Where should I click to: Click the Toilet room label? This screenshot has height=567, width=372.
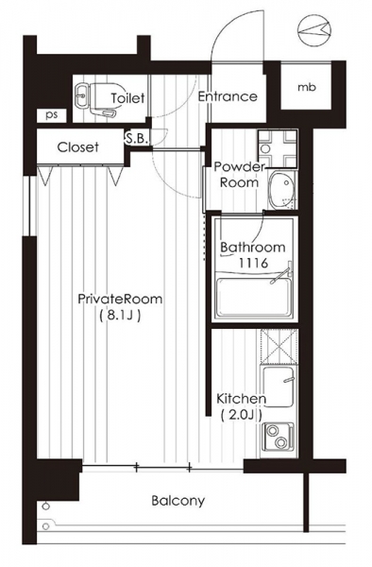127,98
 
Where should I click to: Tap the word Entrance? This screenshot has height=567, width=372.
228,96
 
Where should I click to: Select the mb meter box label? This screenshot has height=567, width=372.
307,87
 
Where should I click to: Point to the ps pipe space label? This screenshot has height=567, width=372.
52,115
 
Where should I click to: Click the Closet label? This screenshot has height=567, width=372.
78,147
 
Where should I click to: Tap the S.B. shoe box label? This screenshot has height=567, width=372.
137,139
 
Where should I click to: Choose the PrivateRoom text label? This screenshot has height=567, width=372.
120,299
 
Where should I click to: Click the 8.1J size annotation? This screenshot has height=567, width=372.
120,316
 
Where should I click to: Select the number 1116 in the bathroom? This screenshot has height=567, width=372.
253,263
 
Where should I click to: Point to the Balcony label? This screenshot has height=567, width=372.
178,501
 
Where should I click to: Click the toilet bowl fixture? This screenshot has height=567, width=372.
106,99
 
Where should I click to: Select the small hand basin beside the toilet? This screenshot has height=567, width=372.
83,96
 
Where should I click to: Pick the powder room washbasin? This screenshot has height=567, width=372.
282,190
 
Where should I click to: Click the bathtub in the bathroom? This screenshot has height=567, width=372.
254,297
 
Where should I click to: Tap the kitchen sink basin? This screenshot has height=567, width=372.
278,387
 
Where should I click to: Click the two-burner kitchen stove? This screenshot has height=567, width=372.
278,437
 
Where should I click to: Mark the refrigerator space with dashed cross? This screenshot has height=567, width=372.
279,347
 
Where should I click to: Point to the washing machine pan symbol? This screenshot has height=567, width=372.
278,148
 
